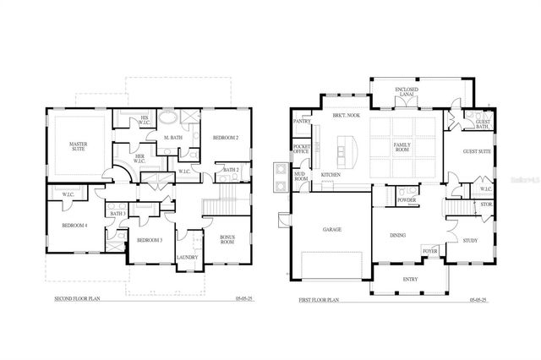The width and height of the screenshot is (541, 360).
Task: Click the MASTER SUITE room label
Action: click(x=78, y=149)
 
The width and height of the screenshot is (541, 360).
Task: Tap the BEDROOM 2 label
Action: click(x=226, y=137)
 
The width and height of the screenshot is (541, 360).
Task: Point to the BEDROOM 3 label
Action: click(x=150, y=241)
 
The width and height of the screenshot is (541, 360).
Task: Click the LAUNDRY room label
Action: click(x=187, y=258)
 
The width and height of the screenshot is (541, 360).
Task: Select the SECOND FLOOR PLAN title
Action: click(x=78, y=299)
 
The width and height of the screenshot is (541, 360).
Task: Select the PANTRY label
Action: click(x=302, y=121)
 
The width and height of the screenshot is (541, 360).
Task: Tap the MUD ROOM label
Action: click(x=301, y=177)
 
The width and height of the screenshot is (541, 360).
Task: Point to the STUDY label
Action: click(x=470, y=241)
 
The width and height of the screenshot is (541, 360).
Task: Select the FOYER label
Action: click(x=431, y=251)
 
